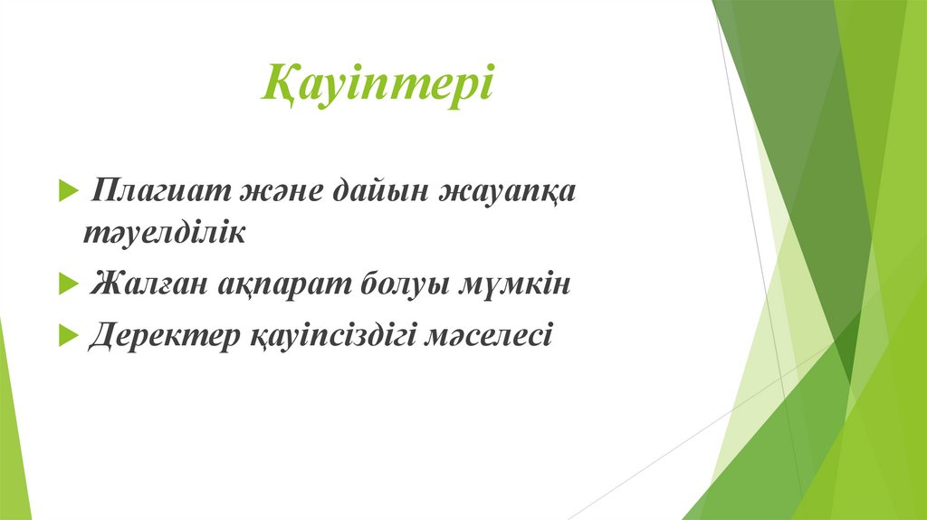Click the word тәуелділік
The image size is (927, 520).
165,233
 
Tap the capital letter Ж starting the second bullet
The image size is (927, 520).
104,285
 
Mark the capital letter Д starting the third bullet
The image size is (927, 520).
102,336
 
